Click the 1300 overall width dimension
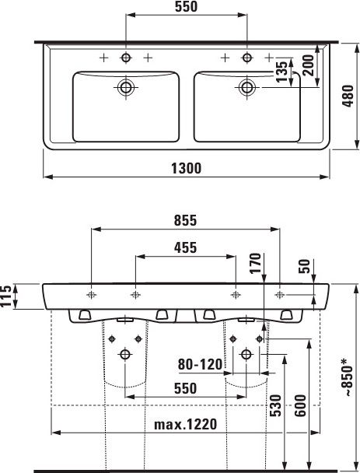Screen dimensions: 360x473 click(x=186, y=168)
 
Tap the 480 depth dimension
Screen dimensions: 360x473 click(x=348, y=96)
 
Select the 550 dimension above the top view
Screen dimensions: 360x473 click(x=186, y=7)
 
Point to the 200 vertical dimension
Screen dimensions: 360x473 click(x=308, y=65)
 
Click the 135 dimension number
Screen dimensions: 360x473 click(x=282, y=72)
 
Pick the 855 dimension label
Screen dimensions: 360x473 click(x=185, y=220)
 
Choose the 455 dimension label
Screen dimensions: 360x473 click(x=185, y=247)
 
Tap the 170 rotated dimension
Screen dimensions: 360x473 click(x=255, y=264)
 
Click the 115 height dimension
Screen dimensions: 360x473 click(x=6, y=296)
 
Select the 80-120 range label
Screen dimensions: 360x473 click(x=200, y=364)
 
